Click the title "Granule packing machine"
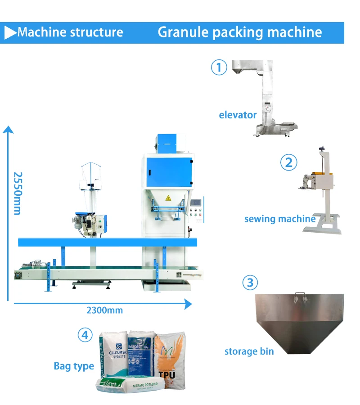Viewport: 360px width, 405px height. [x=240, y=32]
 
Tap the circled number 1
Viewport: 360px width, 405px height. [x=219, y=67]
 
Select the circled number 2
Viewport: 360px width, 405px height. [x=289, y=162]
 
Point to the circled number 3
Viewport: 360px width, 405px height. [x=251, y=283]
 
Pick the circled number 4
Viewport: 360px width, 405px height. [x=85, y=335]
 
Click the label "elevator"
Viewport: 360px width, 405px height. [x=238, y=115]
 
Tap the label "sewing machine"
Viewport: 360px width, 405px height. [x=279, y=219]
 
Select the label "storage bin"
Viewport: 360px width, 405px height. [x=249, y=351]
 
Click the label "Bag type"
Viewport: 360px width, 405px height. [x=74, y=366]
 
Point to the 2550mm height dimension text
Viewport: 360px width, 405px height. [x=18, y=193]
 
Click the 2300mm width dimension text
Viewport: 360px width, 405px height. [x=104, y=310]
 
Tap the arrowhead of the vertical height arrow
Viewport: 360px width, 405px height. [x=8, y=130]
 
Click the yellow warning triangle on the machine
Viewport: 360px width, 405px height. [x=168, y=198]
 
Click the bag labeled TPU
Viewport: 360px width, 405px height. [x=170, y=355]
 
